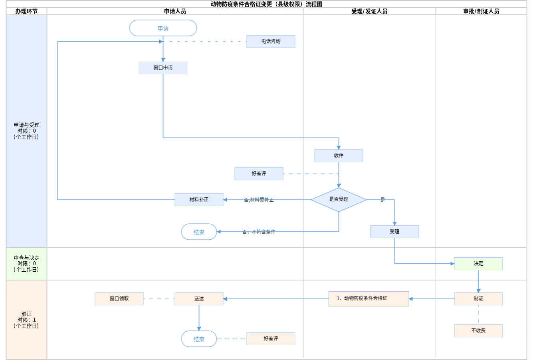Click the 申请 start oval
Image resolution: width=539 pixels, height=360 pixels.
click(x=163, y=28)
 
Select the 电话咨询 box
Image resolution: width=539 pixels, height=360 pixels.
click(x=271, y=42)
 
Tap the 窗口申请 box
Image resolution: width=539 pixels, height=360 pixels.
click(x=163, y=68)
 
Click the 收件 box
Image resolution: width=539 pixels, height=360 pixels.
click(x=339, y=156)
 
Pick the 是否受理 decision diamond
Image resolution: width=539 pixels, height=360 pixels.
click(x=339, y=199)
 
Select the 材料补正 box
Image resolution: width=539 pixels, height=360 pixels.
click(x=199, y=200)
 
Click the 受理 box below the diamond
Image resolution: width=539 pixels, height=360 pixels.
click(x=394, y=232)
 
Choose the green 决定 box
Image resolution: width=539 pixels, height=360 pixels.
click(x=478, y=264)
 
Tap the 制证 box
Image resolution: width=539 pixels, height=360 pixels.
click(x=478, y=299)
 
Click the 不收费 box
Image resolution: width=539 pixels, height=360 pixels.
click(x=478, y=331)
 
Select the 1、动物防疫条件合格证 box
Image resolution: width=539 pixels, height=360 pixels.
click(x=369, y=298)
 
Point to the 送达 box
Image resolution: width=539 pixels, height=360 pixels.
click(x=199, y=299)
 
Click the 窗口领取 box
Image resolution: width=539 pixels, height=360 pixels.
click(x=119, y=299)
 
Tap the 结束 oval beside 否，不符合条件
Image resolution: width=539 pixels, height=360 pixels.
click(x=199, y=232)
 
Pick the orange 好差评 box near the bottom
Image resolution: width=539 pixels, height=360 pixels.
click(x=271, y=339)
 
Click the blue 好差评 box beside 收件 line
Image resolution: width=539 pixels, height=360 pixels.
click(x=259, y=174)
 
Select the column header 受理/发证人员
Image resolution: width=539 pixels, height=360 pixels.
click(x=369, y=12)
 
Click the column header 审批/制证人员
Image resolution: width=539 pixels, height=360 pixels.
click(x=481, y=12)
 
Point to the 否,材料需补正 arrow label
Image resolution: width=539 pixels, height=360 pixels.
click(x=259, y=200)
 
